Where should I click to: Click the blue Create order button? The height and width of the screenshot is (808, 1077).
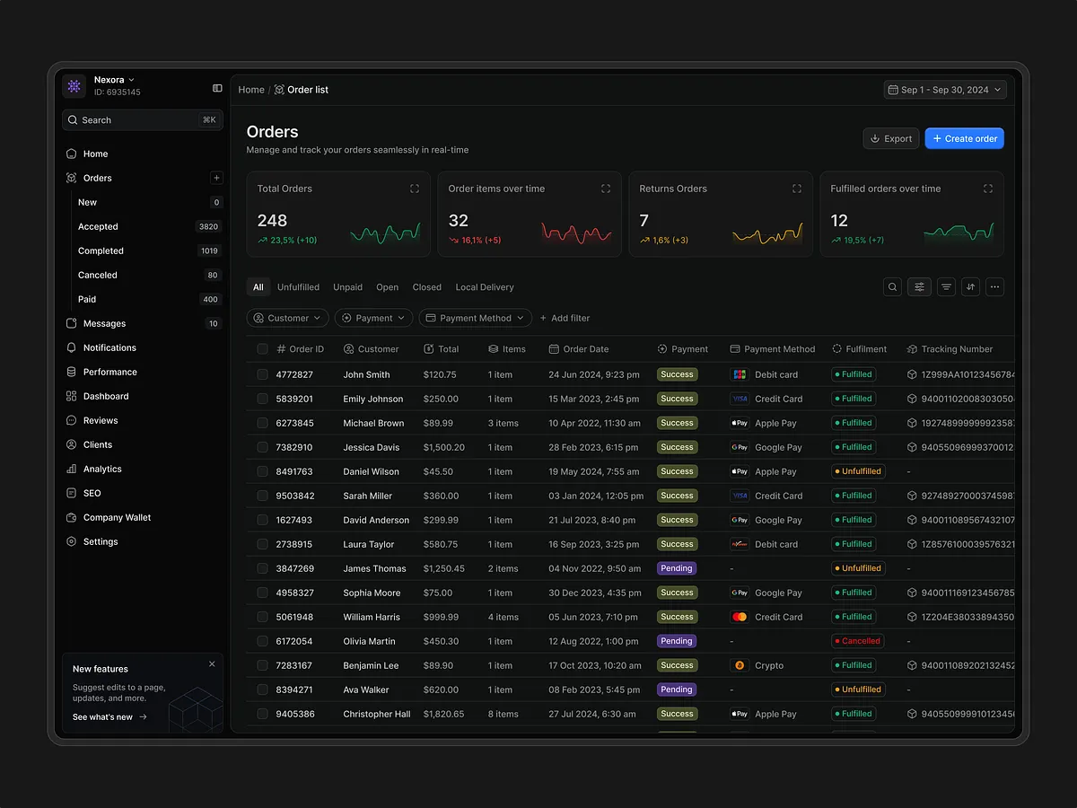964,138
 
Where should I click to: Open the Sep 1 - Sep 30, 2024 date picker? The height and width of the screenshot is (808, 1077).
945,90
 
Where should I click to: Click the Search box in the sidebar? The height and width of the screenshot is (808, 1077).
142,120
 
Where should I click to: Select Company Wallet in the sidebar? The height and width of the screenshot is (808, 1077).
117,518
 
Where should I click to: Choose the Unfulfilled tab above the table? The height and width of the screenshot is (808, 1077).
298,287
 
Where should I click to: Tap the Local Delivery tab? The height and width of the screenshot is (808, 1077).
485,287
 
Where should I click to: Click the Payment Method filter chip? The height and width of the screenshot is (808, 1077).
475,318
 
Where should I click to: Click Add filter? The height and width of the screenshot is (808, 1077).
565,318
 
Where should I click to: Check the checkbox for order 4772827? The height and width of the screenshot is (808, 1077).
262,374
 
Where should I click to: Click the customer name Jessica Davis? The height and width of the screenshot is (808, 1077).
371,447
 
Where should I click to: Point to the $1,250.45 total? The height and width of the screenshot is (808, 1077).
443,568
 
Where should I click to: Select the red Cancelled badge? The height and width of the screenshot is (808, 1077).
857,641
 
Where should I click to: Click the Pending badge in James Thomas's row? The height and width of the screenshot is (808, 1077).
676,568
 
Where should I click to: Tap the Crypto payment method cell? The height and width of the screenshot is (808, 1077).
768,665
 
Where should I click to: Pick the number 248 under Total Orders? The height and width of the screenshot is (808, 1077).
272,221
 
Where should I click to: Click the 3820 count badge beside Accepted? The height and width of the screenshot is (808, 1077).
209,227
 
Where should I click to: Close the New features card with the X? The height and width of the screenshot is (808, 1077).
212,664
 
